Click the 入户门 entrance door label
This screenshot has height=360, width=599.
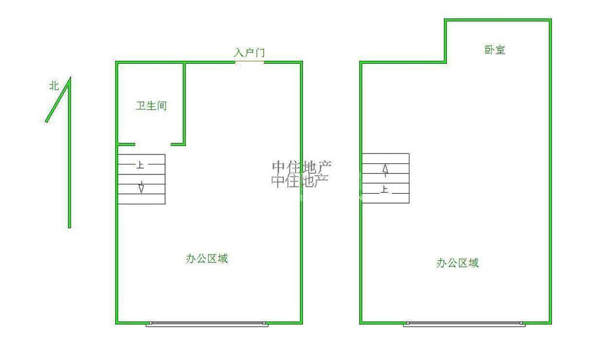click(250, 53)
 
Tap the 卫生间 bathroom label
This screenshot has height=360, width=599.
click(152, 106)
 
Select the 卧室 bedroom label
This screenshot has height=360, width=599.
click(495, 50)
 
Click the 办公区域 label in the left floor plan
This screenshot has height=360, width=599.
click(206, 259)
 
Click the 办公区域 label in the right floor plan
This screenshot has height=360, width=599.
click(457, 263)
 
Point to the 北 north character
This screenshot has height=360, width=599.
click(54, 86)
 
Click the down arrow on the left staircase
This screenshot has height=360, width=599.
click(142, 188)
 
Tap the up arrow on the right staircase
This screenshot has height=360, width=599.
click(385, 169)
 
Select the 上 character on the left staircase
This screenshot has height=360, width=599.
click(140, 165)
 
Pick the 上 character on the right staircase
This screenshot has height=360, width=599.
click(384, 189)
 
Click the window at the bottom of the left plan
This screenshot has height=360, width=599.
click(207, 323)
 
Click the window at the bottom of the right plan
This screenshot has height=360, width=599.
click(464, 323)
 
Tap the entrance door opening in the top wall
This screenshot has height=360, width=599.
click(249, 61)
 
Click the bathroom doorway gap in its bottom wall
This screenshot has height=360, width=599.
click(153, 144)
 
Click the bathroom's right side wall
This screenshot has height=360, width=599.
click(185, 102)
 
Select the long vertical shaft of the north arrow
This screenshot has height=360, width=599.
click(69, 158)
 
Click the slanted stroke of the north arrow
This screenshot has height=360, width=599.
click(57, 101)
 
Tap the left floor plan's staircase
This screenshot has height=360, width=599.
click(142, 179)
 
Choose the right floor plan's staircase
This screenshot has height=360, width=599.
click(385, 178)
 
